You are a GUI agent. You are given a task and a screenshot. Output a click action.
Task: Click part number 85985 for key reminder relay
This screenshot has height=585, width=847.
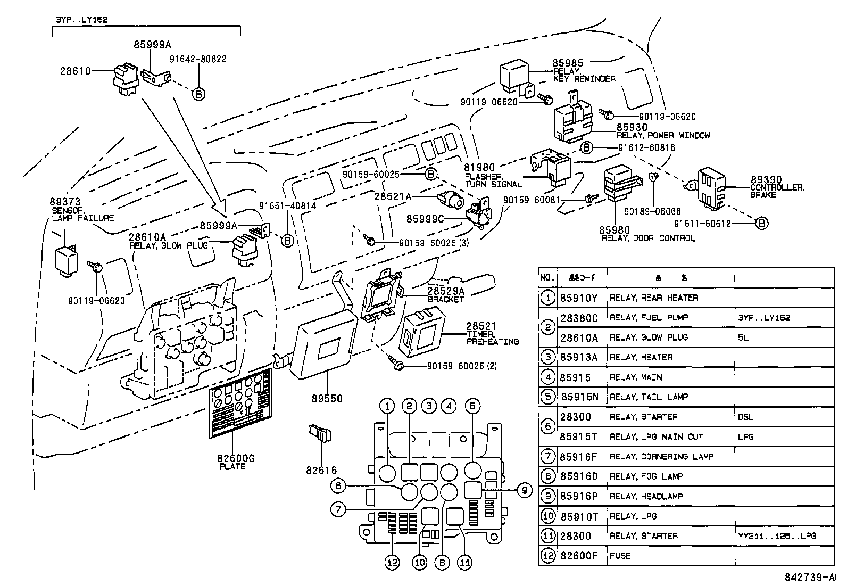[568, 63]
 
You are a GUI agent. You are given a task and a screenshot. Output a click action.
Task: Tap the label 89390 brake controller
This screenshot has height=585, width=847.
[766, 180]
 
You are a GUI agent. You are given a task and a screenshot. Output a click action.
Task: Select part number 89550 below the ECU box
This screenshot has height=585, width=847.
[327, 398]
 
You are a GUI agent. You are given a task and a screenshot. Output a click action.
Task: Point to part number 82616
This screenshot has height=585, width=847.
[321, 470]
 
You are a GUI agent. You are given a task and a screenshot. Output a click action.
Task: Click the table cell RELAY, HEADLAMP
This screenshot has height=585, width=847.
[646, 496]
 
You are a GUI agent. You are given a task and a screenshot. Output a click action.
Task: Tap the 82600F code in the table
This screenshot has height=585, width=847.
[579, 556]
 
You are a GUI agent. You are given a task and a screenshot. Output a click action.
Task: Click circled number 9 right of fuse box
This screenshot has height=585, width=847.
[524, 490]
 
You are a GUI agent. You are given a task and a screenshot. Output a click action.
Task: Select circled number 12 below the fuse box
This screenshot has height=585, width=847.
[392, 563]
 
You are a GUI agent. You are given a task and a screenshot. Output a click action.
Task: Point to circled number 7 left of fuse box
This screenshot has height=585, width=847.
[338, 509]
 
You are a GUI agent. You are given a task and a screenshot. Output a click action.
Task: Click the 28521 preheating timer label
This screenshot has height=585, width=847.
[481, 326]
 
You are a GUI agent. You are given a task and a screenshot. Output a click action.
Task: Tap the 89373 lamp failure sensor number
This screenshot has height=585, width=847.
[65, 202]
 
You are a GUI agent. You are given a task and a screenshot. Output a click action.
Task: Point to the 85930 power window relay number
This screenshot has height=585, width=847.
[632, 127]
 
